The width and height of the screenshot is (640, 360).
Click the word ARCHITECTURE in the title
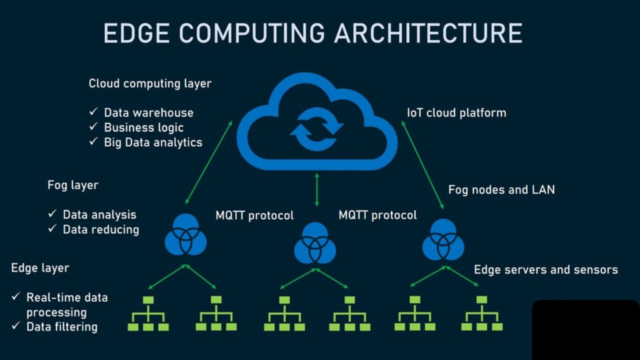click(428, 34)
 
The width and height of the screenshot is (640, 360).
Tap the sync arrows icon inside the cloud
click(316, 128)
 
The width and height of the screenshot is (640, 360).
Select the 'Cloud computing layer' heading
click(150, 83)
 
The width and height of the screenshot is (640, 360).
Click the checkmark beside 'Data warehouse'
click(93, 112)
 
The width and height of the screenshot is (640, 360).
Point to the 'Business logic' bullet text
click(143, 127)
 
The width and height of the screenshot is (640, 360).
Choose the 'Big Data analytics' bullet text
click(153, 142)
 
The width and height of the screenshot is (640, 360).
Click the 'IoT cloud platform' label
click(456, 113)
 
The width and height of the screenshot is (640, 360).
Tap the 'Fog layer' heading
click(73, 185)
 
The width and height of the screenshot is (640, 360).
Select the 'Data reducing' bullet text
click(100, 229)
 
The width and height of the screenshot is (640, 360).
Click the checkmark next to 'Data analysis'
click(52, 214)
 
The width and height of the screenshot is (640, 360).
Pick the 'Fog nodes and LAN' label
click(501, 190)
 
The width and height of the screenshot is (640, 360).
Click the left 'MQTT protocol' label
click(254, 215)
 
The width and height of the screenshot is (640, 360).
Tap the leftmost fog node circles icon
click(185, 234)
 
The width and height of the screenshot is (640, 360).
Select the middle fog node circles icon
click(315, 243)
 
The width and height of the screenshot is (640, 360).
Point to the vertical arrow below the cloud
click(316, 189)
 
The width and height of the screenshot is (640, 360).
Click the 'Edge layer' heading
click(40, 268)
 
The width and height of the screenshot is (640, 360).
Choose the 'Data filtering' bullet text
click(61, 327)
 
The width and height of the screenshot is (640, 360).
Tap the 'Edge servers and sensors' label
click(545, 270)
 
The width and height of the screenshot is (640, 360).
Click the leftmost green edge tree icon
click(148, 313)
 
